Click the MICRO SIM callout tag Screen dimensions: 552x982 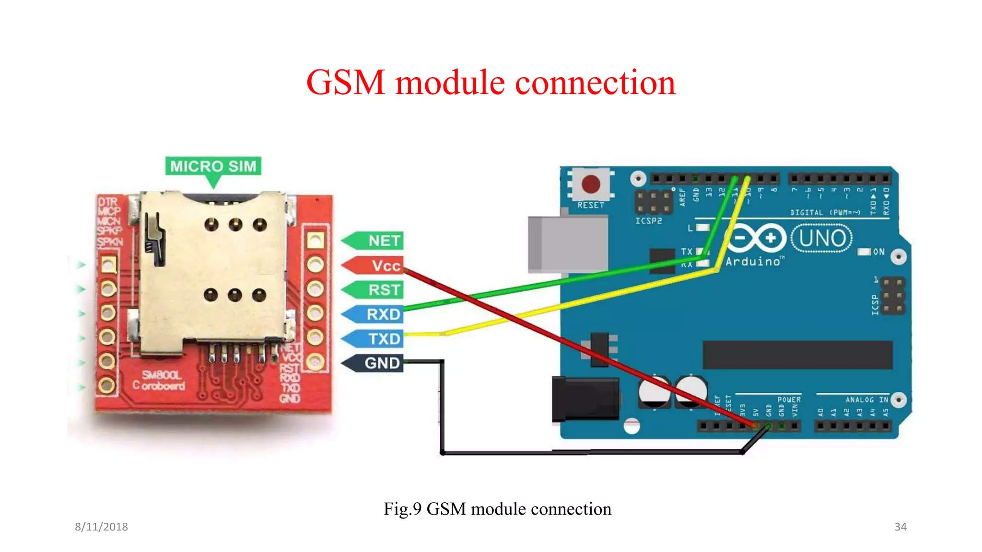213,166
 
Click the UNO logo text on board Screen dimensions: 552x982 822,238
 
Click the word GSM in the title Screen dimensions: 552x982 346,82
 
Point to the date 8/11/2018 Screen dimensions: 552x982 101,527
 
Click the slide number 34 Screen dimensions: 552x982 900,527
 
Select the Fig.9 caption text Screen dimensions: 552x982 497,509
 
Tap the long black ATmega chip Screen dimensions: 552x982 797,355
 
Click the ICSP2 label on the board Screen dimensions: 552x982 648,221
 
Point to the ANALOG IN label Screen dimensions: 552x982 866,400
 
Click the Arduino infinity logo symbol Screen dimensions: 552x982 756,238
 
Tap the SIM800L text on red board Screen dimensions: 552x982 161,375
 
